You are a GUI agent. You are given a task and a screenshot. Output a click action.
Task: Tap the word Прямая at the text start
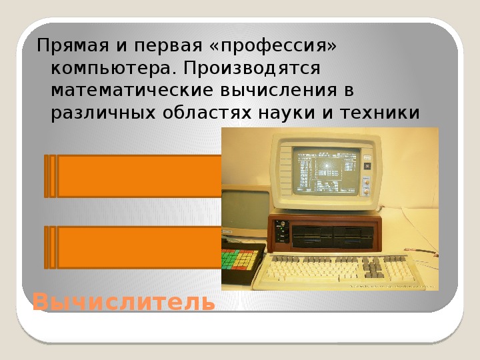coord(73,46)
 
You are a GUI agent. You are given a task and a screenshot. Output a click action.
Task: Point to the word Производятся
coord(251,69)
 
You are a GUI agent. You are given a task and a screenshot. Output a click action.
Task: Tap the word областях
coord(207,113)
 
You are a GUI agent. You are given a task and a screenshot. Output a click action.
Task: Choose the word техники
coord(380,113)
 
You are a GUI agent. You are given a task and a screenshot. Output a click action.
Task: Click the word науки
coord(287,113)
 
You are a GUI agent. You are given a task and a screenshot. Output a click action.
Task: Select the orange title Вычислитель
coord(124,302)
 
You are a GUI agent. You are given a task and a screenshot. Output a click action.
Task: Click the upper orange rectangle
coord(133,176)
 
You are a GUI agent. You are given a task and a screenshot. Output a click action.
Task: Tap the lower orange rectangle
coord(133,247)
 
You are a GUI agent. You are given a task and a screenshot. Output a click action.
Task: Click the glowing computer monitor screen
coord(325,171)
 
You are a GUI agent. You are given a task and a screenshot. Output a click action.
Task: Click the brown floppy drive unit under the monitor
coord(325,233)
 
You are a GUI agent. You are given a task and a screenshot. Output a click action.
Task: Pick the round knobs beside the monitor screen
coord(366,187)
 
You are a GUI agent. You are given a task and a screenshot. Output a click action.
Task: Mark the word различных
coord(103,113)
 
